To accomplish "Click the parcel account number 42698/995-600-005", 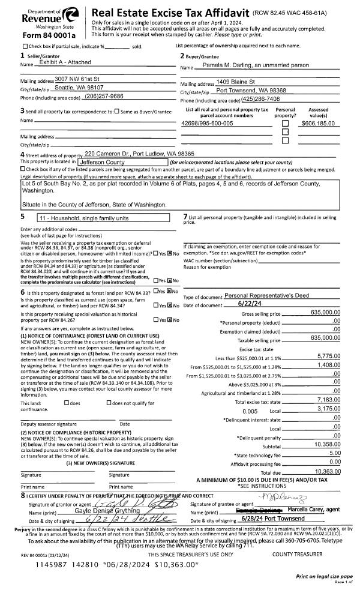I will (207, 122).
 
